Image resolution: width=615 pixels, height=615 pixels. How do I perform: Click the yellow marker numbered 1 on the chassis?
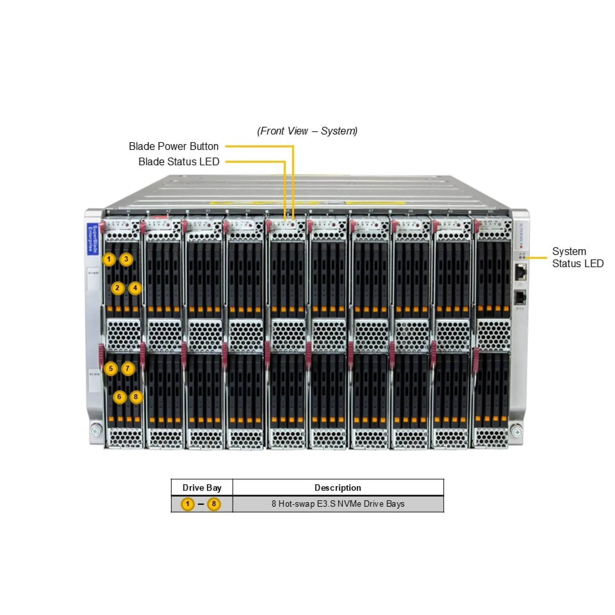[x=109, y=259]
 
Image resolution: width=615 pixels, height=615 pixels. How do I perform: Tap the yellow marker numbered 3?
[x=126, y=259]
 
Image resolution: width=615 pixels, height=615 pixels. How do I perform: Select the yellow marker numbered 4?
[x=135, y=288]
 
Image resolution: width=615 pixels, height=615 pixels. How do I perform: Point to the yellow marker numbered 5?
[x=111, y=368]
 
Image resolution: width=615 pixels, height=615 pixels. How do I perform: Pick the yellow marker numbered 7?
[x=127, y=368]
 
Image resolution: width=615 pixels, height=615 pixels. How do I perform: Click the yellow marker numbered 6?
[x=119, y=397]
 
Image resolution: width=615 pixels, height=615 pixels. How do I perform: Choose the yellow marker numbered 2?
[x=118, y=288]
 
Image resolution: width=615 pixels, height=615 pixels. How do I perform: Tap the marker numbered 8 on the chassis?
[x=136, y=397]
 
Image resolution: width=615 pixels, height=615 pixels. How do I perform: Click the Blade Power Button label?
[x=173, y=146]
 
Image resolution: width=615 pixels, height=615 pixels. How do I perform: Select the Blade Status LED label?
[x=179, y=162]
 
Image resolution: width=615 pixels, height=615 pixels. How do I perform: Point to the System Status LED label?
[x=578, y=258]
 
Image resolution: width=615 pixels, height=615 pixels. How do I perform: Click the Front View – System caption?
[x=307, y=131]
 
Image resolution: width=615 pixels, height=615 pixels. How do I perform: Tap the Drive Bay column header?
[x=202, y=488]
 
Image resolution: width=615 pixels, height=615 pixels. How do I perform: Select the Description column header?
[x=338, y=488]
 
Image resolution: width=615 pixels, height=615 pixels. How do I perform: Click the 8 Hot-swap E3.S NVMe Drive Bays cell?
[x=338, y=504]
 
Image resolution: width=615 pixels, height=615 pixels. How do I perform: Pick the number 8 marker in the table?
[x=214, y=504]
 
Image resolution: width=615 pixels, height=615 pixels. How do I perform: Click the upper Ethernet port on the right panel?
[x=521, y=272]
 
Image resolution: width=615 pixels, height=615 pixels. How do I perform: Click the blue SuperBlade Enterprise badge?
[x=92, y=239]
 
